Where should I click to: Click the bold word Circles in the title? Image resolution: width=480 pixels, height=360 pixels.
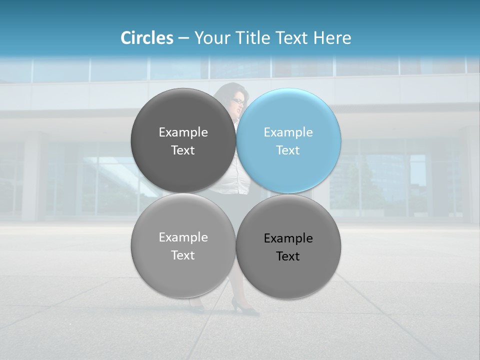click(x=147, y=38)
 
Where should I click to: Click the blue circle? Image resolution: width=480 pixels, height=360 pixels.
click(x=288, y=140)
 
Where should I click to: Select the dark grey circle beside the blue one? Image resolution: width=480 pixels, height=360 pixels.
click(x=183, y=140)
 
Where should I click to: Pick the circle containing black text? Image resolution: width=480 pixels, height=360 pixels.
click(x=288, y=246)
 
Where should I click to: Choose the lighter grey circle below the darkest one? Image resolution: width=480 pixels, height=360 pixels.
click(x=183, y=245)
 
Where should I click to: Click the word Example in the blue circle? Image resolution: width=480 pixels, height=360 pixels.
click(x=288, y=132)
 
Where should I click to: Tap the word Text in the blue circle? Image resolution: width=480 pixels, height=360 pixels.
click(x=288, y=150)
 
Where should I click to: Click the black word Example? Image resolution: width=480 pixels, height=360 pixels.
click(x=288, y=238)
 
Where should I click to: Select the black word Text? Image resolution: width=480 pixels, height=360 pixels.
click(x=288, y=256)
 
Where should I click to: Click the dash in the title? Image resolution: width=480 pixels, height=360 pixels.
click(x=183, y=38)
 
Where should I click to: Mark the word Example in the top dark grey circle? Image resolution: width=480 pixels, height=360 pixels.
click(x=183, y=132)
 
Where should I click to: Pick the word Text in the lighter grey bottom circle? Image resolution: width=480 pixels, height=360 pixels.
click(x=183, y=255)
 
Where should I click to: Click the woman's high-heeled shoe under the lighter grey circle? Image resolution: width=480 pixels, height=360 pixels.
click(x=196, y=306)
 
